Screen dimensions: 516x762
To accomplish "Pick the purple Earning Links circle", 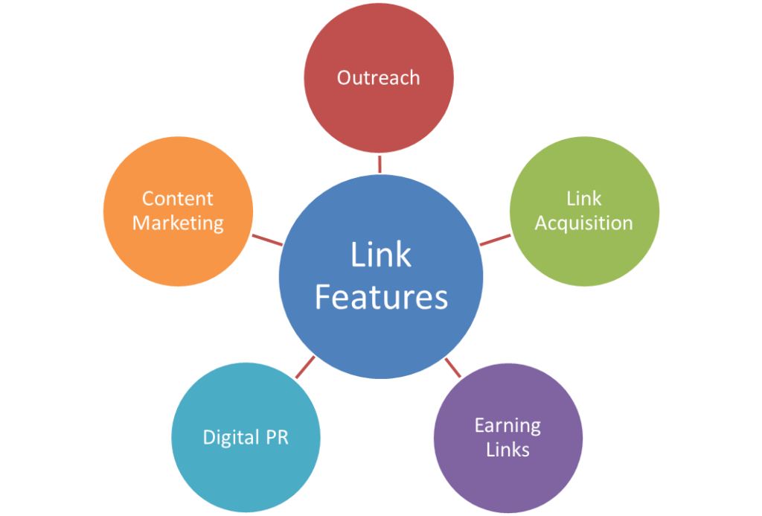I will pos(508,469).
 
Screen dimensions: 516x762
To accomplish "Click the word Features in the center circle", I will pos(381,297).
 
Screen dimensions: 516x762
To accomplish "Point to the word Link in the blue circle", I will pos(381,255).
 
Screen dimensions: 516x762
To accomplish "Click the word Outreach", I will pos(378,77).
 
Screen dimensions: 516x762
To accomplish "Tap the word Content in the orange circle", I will pos(178,199).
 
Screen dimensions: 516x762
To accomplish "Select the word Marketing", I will pos(178,223).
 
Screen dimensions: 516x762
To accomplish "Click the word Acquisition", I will pos(584,223).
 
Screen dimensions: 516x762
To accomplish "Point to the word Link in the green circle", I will pos(584,199).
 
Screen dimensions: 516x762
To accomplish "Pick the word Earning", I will pos(508,426).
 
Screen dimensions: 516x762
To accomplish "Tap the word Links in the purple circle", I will pos(508,450).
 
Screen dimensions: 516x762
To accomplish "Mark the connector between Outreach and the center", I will pos(380,163).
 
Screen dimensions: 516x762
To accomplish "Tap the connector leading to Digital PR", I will pos(304,367).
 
